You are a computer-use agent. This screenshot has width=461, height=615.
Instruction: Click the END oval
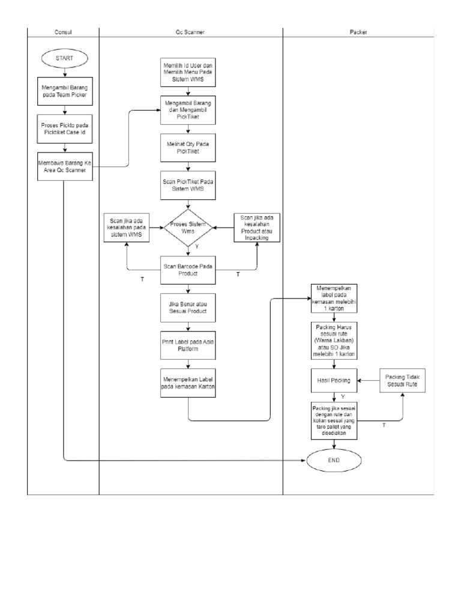(x=334, y=461)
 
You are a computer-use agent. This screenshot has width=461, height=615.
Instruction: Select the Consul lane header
(x=64, y=32)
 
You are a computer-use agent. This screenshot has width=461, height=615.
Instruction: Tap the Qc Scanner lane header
(x=190, y=32)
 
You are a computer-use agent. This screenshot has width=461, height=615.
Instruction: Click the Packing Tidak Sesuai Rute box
(x=403, y=380)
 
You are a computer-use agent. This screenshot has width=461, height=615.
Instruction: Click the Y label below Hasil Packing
(x=343, y=397)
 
